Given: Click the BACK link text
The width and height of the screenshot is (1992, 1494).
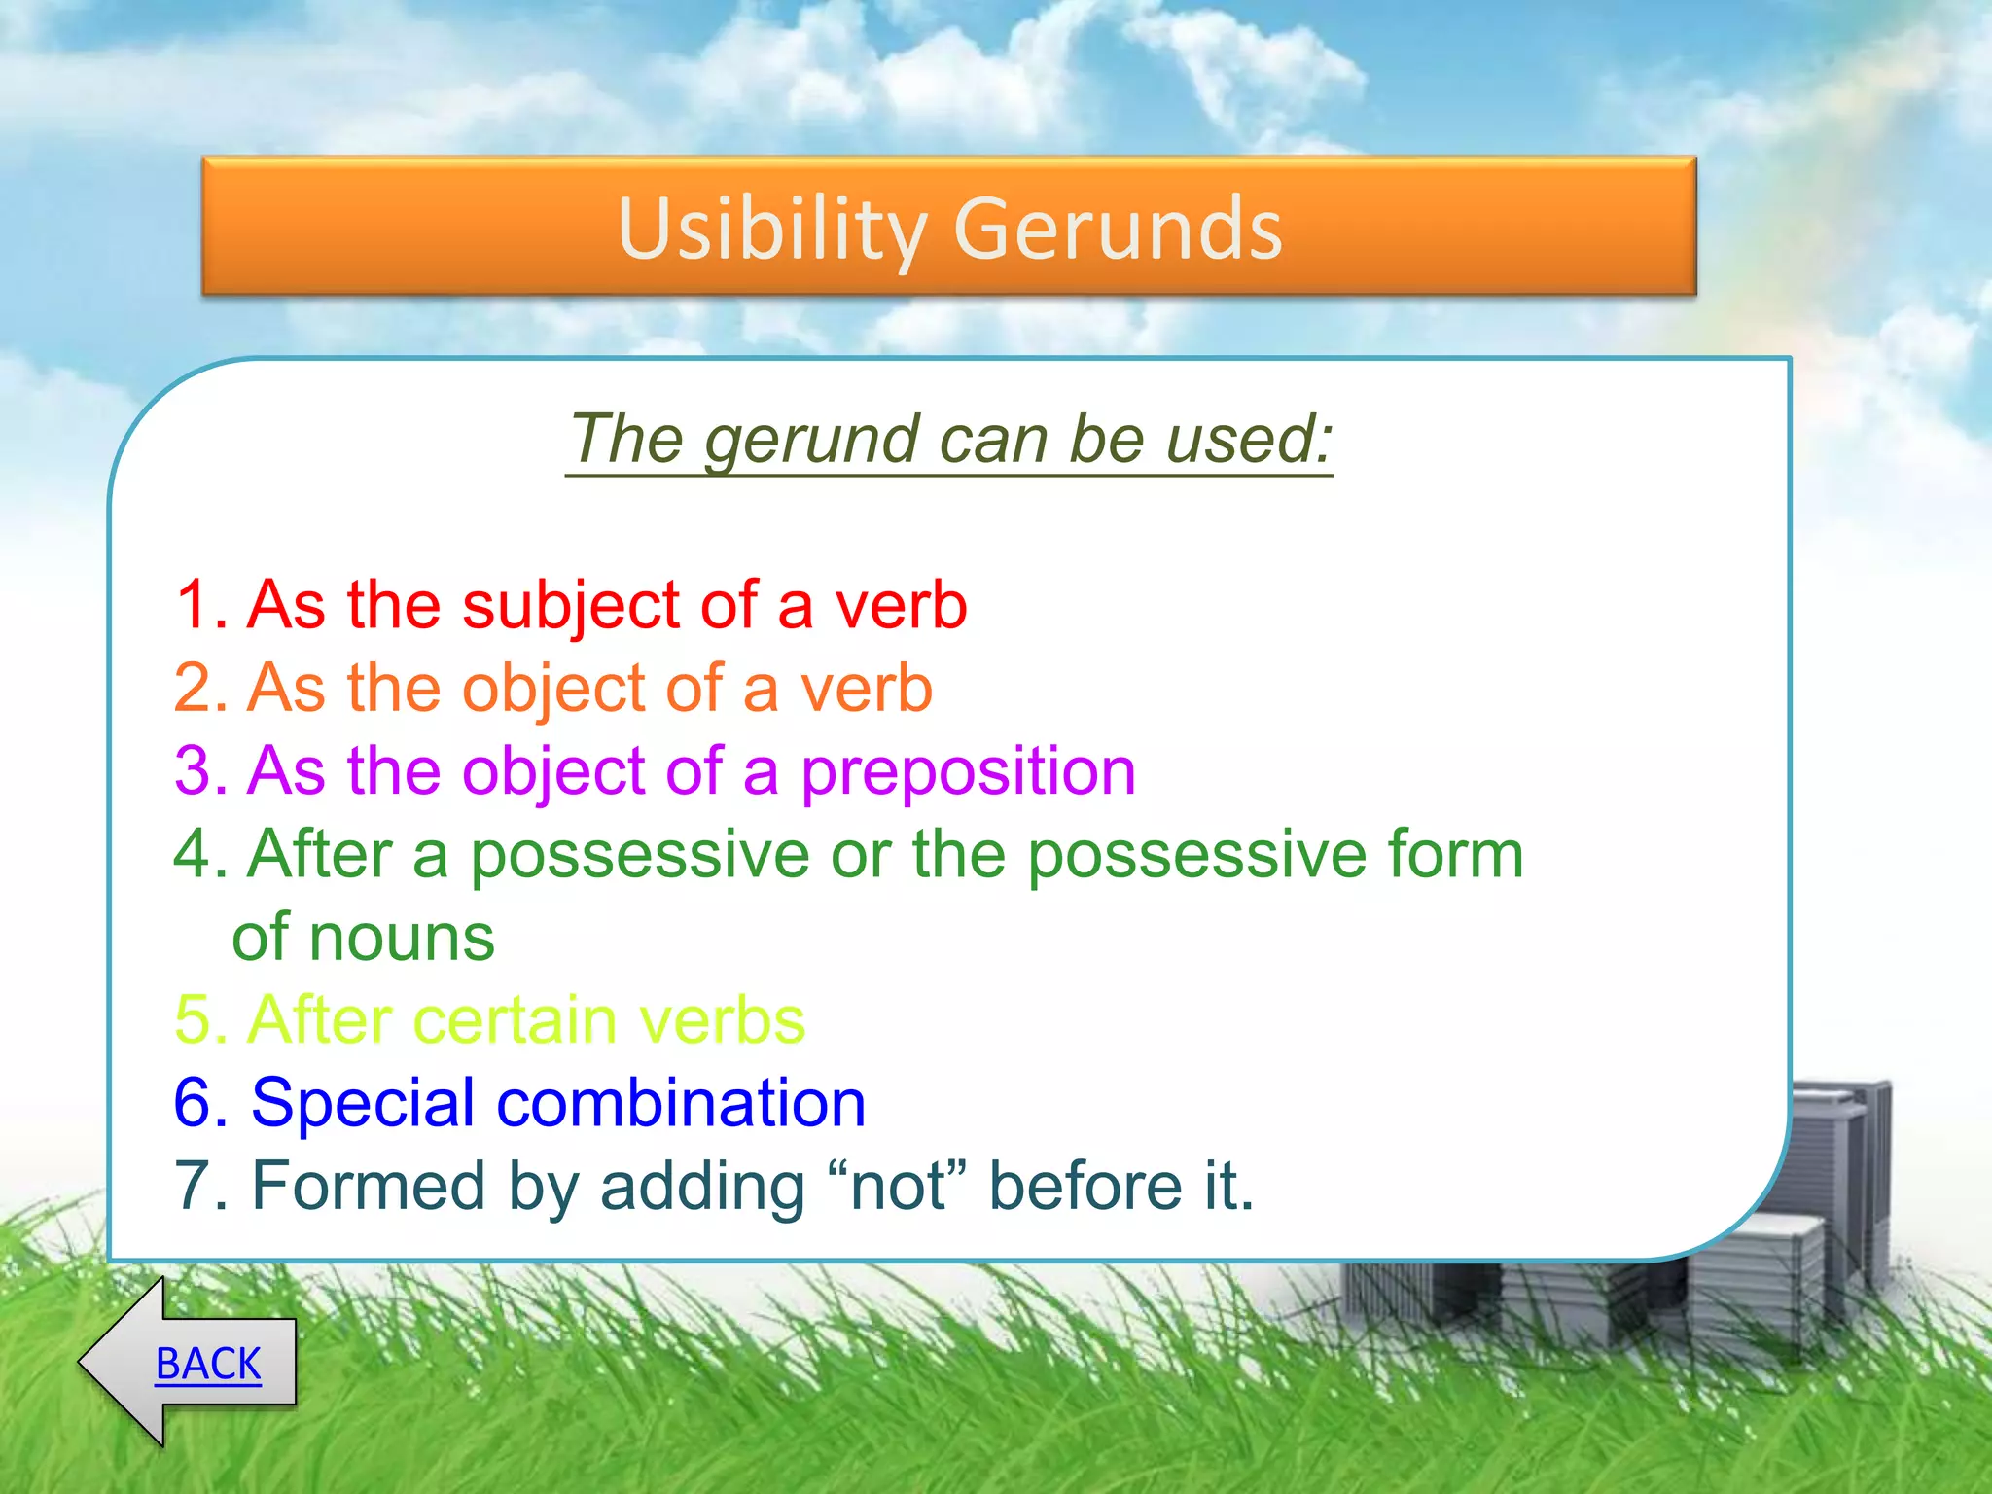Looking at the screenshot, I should click(x=208, y=1364).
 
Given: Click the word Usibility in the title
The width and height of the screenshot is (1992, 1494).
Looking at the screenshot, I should click(x=772, y=230).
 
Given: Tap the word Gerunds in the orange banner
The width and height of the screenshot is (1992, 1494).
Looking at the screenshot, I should click(x=1118, y=230).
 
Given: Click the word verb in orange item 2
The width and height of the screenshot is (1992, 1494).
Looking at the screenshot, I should click(x=866, y=689).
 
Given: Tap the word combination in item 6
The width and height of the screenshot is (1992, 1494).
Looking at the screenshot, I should click(x=681, y=1104).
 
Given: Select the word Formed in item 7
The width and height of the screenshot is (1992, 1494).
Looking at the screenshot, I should click(x=369, y=1187).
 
